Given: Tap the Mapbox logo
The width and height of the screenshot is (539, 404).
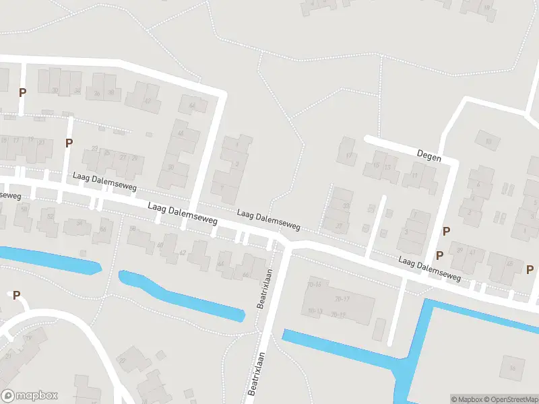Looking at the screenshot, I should (x=29, y=396).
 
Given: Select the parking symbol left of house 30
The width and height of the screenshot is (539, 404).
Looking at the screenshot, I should (x=22, y=92).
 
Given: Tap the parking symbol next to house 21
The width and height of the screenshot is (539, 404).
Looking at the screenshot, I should (x=68, y=143).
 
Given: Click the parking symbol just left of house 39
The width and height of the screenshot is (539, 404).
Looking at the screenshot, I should (x=439, y=255).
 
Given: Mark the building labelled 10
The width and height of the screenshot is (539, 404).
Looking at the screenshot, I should (x=487, y=140).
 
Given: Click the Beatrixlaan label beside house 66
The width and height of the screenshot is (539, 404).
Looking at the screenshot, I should (x=263, y=288).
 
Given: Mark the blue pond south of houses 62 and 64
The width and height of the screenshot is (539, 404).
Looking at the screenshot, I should (x=181, y=295).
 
